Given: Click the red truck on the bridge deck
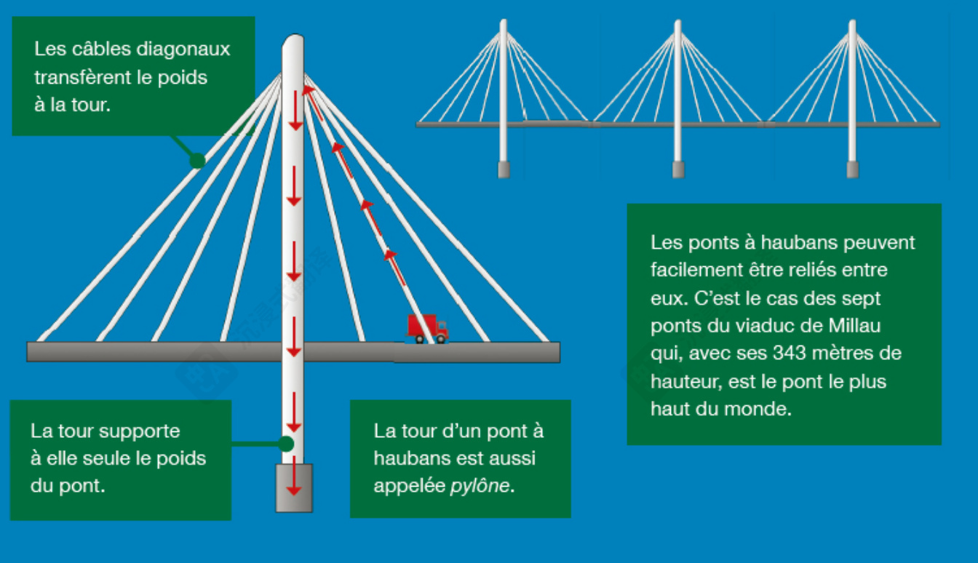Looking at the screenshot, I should click(x=426, y=328).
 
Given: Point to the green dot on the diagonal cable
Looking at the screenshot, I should click(x=197, y=161).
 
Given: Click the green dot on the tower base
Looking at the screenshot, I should click(x=286, y=443).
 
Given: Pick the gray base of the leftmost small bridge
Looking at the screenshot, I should click(x=503, y=169).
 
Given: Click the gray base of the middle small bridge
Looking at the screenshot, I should click(x=677, y=169).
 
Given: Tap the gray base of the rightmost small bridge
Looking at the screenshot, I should click(x=852, y=169).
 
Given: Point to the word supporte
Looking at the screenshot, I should click(x=140, y=431).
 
